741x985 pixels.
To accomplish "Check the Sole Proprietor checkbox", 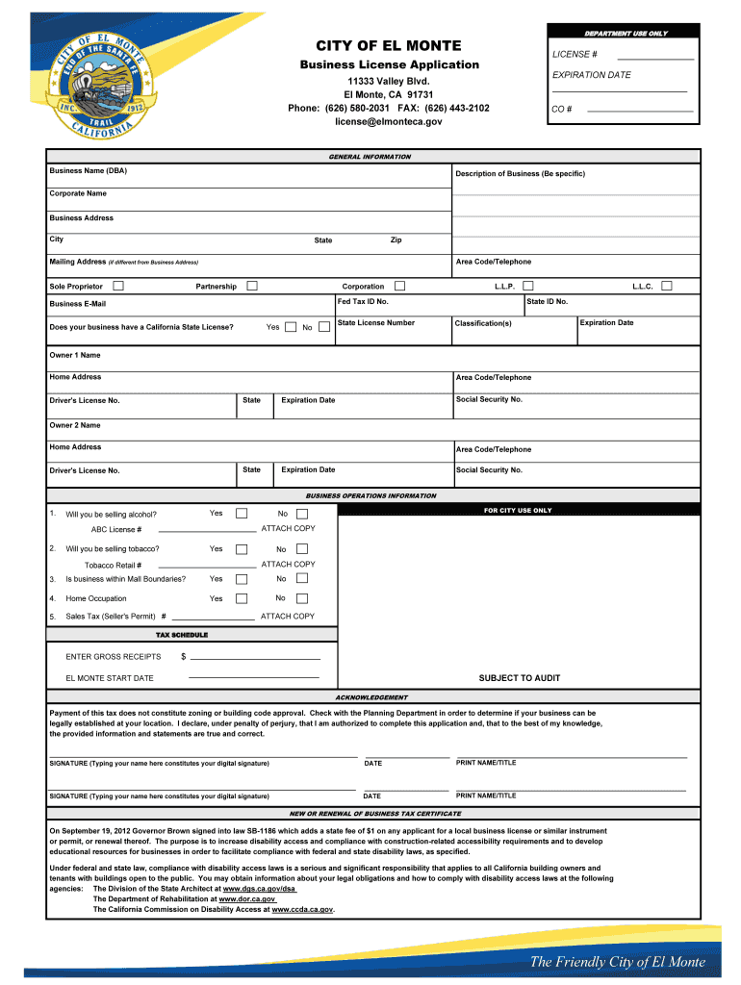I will (x=118, y=286).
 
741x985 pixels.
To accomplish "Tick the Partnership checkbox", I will (x=252, y=286).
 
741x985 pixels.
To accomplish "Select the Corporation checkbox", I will (x=399, y=286).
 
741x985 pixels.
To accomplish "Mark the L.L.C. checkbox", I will (x=667, y=286).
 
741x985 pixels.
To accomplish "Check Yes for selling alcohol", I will (x=242, y=514).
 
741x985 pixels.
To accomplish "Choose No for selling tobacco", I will (x=302, y=549).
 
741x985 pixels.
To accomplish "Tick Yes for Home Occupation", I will (x=242, y=598).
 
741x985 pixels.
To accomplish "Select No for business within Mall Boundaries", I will (x=302, y=579).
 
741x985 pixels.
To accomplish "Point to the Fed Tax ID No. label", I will (x=363, y=302).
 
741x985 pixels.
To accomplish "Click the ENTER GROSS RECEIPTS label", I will (x=114, y=657).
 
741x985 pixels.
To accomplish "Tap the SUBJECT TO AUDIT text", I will (x=519, y=678).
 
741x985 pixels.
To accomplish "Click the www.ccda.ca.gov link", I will (x=302, y=909).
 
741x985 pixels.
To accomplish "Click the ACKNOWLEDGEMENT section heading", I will (x=370, y=697).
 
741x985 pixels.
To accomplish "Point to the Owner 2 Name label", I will (x=75, y=425).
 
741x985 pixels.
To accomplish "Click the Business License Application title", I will (x=388, y=64).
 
